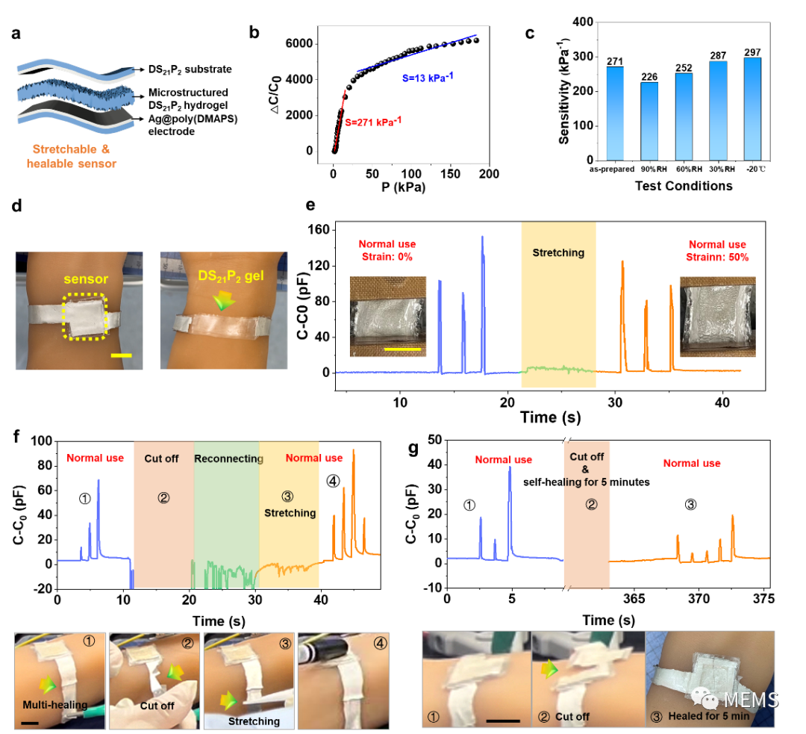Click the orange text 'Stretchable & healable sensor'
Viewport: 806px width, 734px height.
(x=72, y=156)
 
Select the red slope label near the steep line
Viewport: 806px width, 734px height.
(x=373, y=121)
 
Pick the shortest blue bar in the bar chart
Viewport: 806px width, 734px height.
(x=649, y=121)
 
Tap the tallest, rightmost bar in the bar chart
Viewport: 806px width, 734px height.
(x=752, y=108)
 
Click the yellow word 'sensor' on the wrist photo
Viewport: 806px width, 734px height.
(x=86, y=279)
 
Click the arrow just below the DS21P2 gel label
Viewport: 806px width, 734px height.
(x=221, y=299)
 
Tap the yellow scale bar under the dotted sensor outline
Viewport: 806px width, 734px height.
(x=121, y=355)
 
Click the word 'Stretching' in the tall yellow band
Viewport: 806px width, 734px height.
(x=558, y=252)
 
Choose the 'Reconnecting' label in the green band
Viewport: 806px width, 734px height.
(x=228, y=458)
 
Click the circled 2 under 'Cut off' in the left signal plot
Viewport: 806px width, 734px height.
(x=163, y=497)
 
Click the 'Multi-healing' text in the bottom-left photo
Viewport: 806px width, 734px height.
(x=54, y=705)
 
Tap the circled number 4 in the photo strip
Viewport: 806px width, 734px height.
(x=380, y=642)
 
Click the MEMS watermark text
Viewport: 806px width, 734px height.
(x=751, y=700)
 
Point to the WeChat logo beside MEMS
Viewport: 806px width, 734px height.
(x=705, y=697)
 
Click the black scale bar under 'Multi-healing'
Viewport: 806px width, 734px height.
(x=30, y=722)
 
